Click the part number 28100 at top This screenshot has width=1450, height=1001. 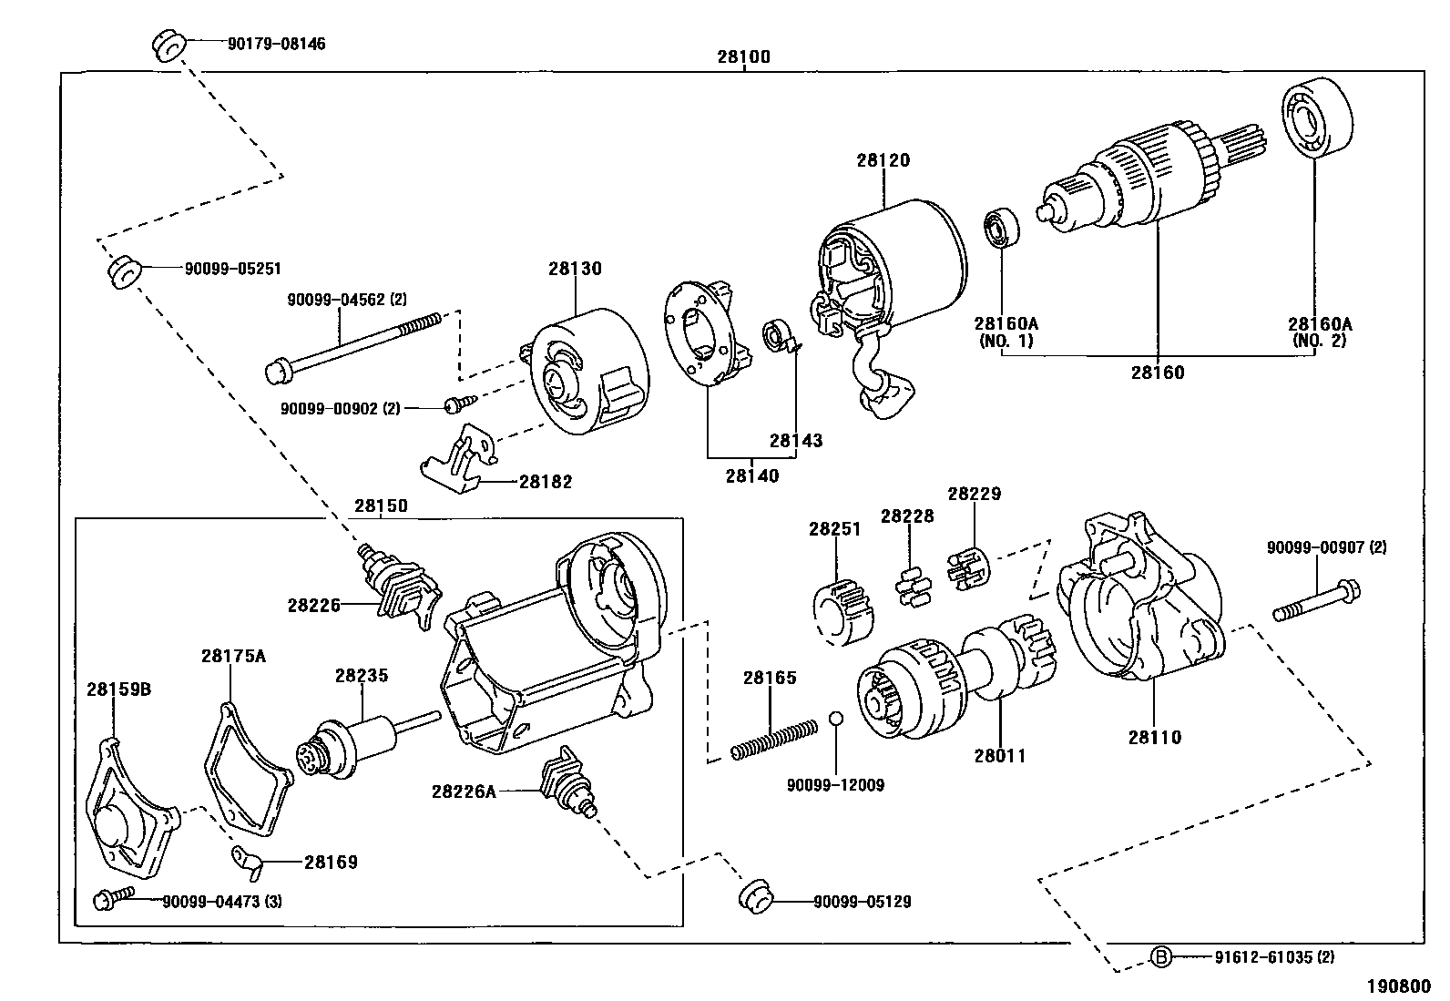(x=743, y=56)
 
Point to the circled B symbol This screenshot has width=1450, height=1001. (x=1160, y=956)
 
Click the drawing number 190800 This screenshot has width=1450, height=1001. (x=1397, y=986)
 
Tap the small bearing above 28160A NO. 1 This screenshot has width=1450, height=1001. (x=1002, y=228)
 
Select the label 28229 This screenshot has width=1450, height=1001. (x=974, y=494)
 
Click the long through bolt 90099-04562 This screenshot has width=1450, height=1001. (x=351, y=349)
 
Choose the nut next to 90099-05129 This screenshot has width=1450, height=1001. (x=754, y=895)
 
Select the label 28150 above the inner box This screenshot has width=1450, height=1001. (x=381, y=506)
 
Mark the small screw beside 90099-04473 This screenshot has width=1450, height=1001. (x=104, y=900)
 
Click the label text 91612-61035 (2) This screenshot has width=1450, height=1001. (x=1274, y=956)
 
